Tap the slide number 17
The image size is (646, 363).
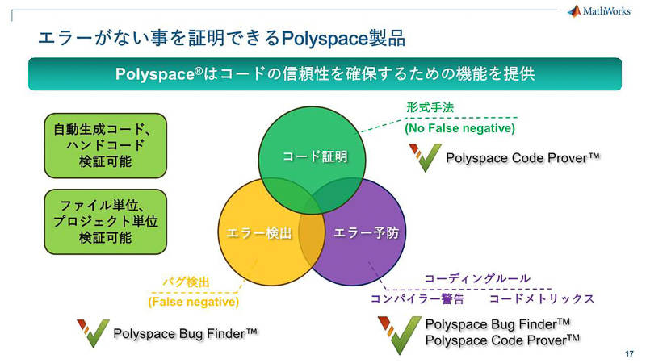tap(629, 353)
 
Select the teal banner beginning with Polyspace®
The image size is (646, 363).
tap(325, 73)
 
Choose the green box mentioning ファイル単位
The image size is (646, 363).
tap(105, 220)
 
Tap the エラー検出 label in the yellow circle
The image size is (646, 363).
tap(254, 233)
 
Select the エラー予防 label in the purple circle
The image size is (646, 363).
tap(366, 233)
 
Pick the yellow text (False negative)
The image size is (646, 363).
tap(193, 302)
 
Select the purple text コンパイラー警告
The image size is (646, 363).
tap(417, 298)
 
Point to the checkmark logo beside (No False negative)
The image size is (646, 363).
tap(424, 157)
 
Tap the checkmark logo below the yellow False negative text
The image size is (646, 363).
tap(92, 333)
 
